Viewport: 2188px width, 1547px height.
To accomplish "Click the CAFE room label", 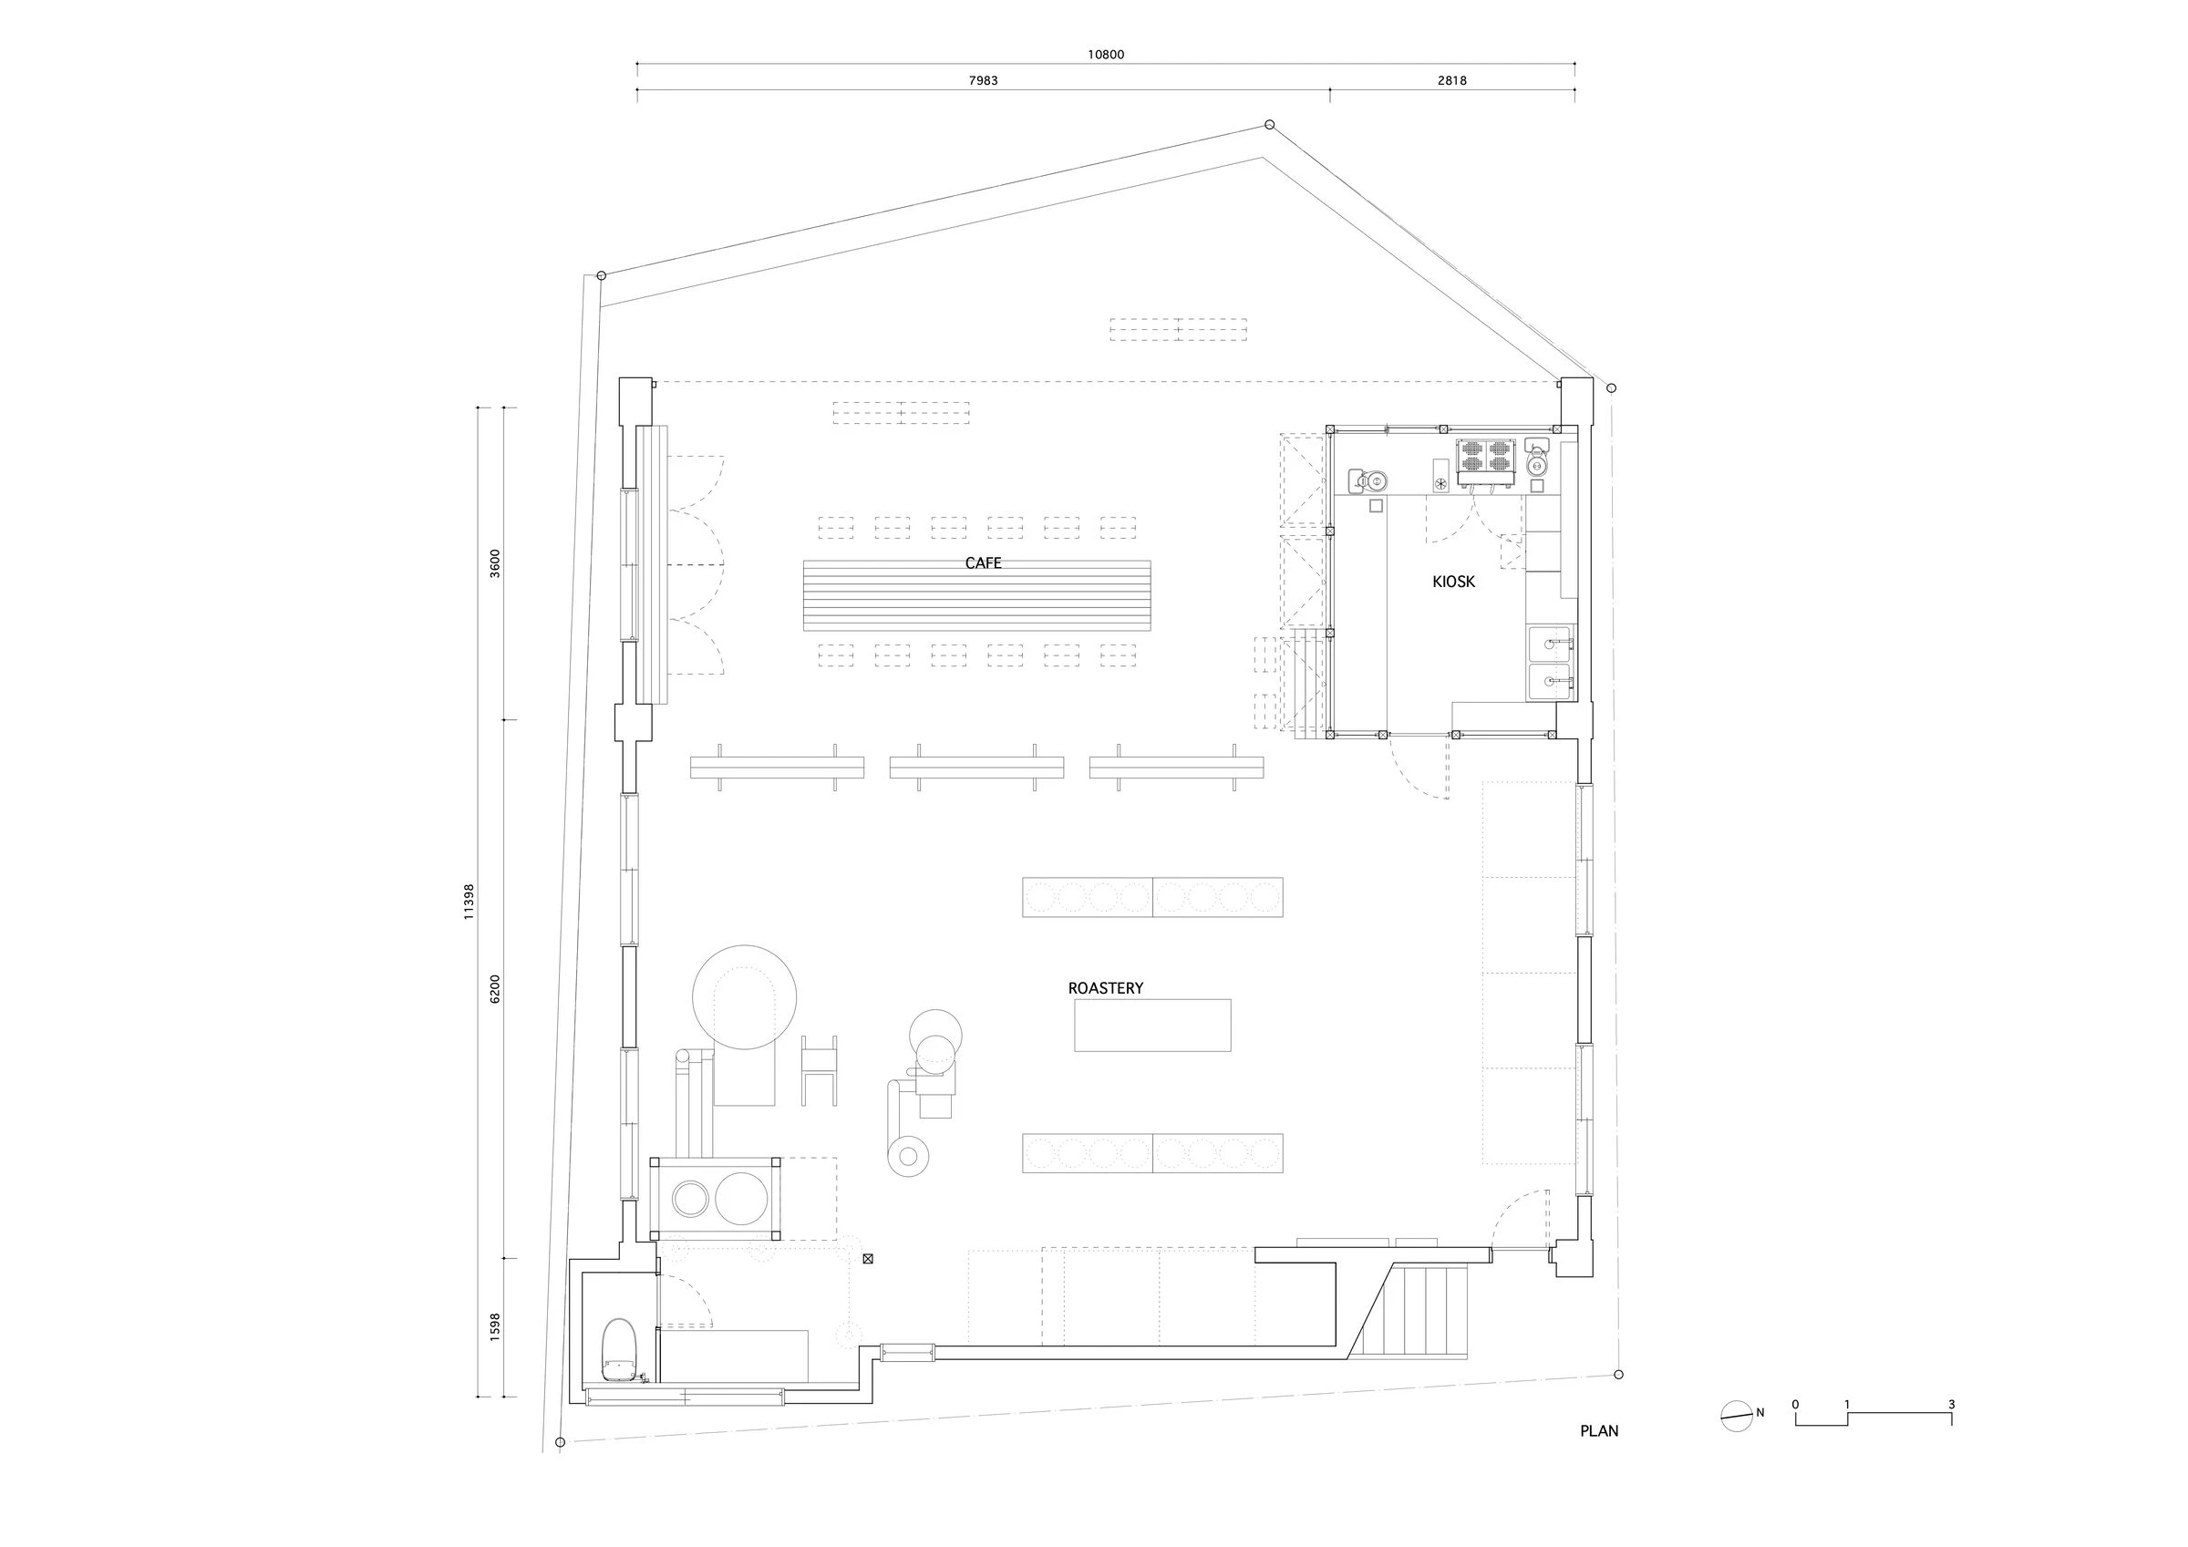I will click(x=983, y=563).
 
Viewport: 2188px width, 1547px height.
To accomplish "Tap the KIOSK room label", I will click(x=1453, y=582).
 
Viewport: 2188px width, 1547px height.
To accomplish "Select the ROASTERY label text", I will click(x=1106, y=988).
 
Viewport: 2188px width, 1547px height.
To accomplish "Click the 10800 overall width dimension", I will click(x=1106, y=55).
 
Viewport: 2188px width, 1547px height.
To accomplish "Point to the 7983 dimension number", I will click(x=983, y=81).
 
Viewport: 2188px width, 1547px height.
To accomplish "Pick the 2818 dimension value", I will click(x=1451, y=81).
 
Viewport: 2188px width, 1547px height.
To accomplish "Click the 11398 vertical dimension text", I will click(x=468, y=901).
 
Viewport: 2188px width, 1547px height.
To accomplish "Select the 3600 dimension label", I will click(x=493, y=563).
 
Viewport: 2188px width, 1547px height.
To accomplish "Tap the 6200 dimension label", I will click(x=493, y=988).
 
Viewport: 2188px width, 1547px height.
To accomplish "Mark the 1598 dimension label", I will click(x=493, y=1328).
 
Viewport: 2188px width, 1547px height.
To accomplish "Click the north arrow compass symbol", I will click(x=1738, y=1417).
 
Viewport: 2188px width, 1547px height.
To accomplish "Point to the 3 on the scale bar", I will click(x=1951, y=1404).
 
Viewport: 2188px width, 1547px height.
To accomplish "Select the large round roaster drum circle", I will click(x=744, y=997).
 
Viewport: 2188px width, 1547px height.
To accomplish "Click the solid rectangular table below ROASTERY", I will click(x=1152, y=1025).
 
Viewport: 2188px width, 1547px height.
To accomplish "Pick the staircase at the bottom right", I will click(x=1415, y=1312).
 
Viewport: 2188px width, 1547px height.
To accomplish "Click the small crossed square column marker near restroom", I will click(x=867, y=1259).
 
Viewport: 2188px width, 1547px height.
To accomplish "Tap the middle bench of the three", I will click(x=975, y=768).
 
